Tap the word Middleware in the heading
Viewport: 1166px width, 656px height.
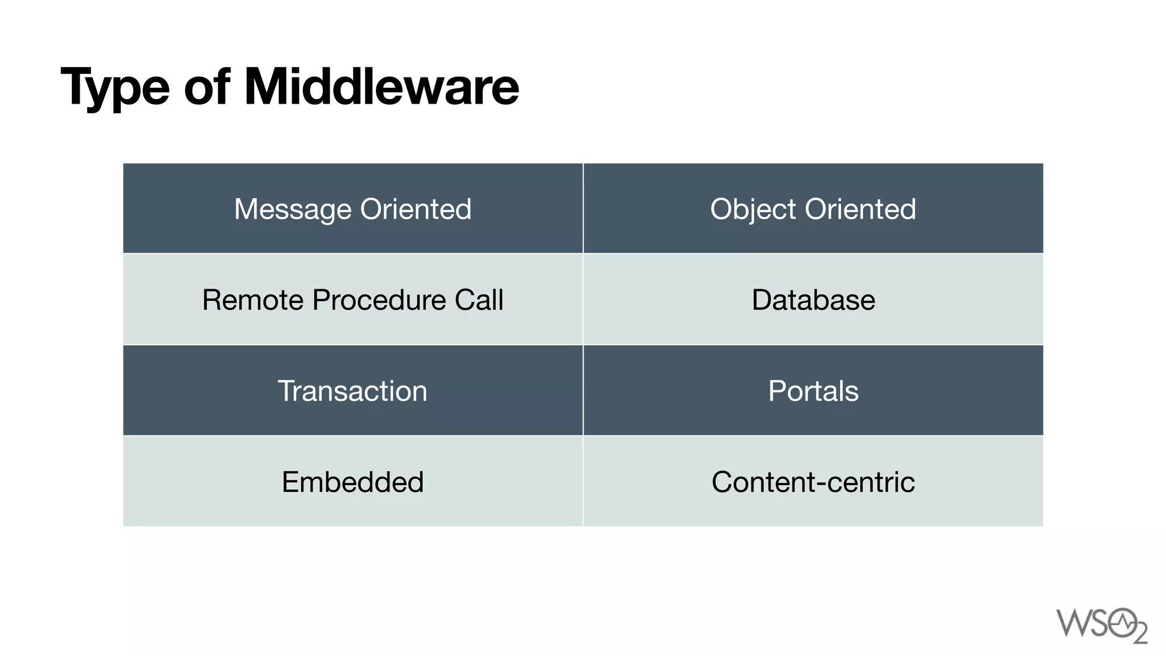(x=381, y=87)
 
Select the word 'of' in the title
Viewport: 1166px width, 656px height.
(x=207, y=87)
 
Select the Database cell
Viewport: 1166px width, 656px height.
(x=813, y=300)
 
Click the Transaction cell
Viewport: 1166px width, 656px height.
(x=352, y=391)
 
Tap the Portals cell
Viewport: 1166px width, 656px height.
(x=813, y=391)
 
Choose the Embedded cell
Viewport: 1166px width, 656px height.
(x=352, y=482)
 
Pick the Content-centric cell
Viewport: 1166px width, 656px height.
(x=813, y=482)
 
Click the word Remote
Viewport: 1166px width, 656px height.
(x=252, y=300)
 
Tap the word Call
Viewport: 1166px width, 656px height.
(x=479, y=300)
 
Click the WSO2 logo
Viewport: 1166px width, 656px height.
(x=1101, y=625)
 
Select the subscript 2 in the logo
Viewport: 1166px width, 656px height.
(x=1140, y=634)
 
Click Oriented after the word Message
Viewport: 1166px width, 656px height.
(x=416, y=209)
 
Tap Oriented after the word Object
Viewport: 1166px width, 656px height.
(x=860, y=209)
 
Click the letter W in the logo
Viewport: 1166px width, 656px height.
(x=1073, y=623)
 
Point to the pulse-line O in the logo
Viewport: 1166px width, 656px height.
(x=1122, y=623)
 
